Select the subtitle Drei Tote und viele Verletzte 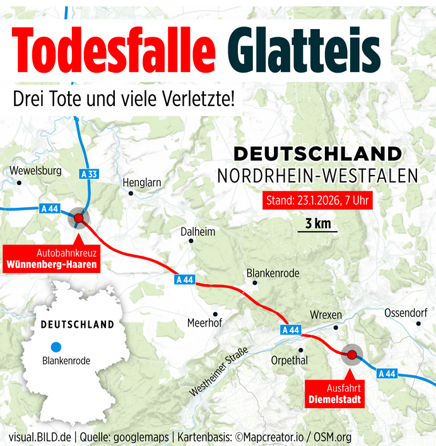[124, 99]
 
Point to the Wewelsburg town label [35, 171]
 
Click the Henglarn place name [142, 182]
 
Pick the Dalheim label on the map [197, 231]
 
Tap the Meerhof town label [204, 323]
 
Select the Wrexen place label [326, 315]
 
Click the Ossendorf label [406, 313]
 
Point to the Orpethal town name [289, 360]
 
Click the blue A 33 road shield [90, 173]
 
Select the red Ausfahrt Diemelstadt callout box [334, 394]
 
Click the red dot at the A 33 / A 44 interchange [78, 218]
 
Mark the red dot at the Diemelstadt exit [351, 354]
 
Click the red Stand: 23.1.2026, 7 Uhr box [318, 202]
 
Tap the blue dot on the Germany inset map [56, 346]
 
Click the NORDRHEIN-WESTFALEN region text [317, 176]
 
